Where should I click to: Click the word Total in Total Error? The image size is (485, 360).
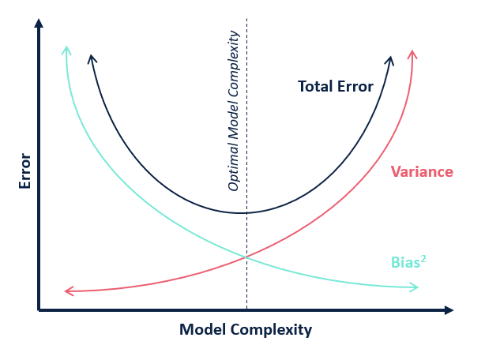point(315,86)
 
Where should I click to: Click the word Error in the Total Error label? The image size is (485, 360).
point(355,86)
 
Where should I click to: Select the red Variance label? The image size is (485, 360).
point(422,171)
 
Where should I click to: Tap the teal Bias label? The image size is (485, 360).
point(405,262)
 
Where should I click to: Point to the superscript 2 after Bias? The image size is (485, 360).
point(423,259)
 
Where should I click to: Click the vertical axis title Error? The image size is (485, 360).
point(24,171)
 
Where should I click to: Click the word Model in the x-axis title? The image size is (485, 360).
point(202,329)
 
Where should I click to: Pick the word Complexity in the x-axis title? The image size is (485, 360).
point(271,330)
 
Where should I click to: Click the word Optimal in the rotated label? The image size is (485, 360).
point(234,168)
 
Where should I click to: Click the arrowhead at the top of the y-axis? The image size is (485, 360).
point(39,24)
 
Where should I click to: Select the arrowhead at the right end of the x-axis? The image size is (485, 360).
point(449,310)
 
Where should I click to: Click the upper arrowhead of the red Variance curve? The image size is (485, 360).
point(412,54)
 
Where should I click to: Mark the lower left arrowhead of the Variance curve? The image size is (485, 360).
point(70,291)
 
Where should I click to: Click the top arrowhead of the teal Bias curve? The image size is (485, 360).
point(66,51)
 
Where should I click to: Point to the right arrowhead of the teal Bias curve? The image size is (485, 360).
point(414,287)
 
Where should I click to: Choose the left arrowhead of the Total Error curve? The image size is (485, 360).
point(92,59)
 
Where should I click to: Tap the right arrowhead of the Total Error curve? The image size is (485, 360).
point(389,61)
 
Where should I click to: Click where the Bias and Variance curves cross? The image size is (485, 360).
point(246,257)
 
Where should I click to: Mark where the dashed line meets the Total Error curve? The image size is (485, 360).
point(246,213)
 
